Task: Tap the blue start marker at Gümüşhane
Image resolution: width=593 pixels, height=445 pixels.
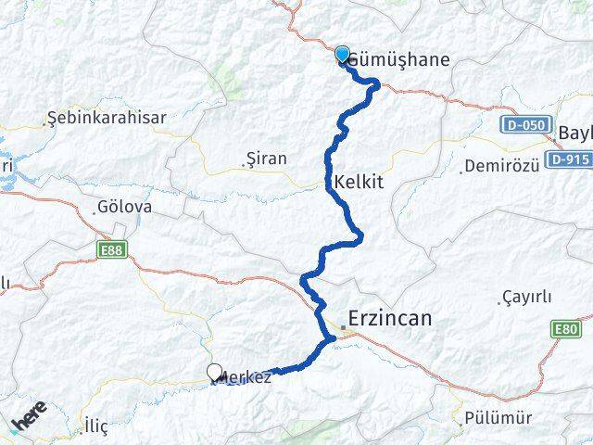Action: click(342, 55)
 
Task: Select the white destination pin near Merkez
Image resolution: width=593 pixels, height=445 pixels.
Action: click(215, 373)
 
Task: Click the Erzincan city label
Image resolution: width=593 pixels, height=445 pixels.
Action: click(390, 319)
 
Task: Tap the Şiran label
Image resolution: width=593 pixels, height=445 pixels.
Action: click(267, 159)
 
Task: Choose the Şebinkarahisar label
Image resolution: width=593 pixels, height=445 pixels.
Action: click(107, 118)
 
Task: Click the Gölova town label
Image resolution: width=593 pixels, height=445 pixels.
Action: click(123, 208)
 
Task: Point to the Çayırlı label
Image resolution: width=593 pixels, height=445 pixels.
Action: click(526, 297)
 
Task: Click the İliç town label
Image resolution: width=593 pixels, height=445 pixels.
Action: click(95, 426)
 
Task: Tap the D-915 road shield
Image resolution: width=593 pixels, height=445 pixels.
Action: click(567, 159)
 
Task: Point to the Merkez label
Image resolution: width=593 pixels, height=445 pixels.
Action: click(246, 378)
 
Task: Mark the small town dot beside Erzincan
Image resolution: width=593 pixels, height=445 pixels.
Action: click(343, 327)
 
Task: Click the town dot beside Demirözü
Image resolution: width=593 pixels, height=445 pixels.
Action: click(463, 171)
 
